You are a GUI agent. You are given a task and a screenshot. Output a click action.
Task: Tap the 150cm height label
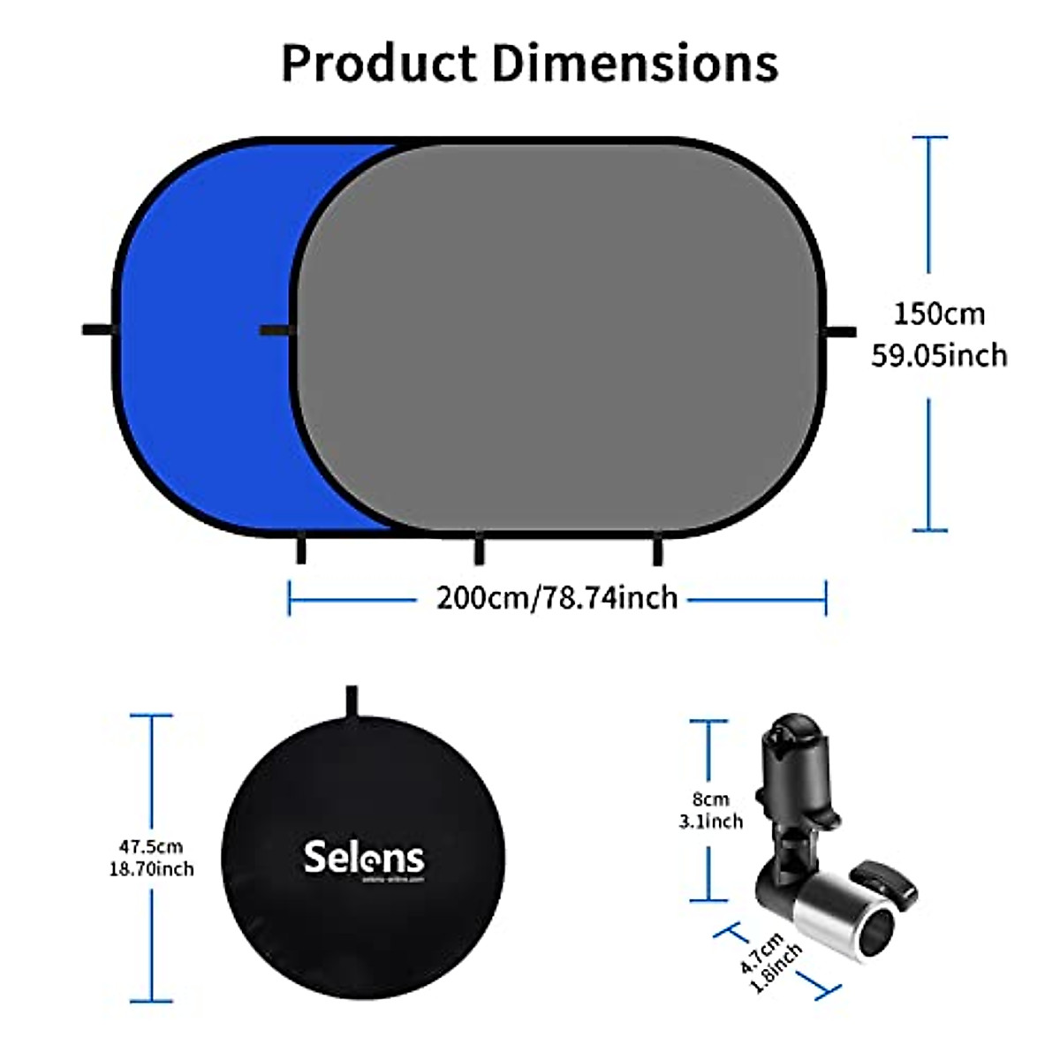tap(938, 314)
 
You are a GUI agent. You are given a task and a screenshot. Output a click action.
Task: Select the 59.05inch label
tap(939, 355)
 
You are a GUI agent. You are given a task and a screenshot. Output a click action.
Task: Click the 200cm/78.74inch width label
tap(556, 598)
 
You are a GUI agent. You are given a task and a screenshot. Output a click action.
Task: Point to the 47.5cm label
tap(151, 847)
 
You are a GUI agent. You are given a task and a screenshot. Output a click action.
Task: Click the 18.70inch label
tap(151, 869)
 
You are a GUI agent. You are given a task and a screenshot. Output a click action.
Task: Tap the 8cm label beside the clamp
tap(710, 799)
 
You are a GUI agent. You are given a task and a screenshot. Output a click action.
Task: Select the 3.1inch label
tap(710, 821)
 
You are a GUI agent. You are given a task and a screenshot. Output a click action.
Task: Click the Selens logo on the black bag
tap(364, 858)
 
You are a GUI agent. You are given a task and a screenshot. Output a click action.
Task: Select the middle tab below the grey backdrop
tap(479, 550)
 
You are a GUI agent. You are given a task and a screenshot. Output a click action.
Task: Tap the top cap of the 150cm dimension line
tap(929, 138)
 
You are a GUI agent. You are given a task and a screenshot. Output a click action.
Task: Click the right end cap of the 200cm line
tap(826, 598)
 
